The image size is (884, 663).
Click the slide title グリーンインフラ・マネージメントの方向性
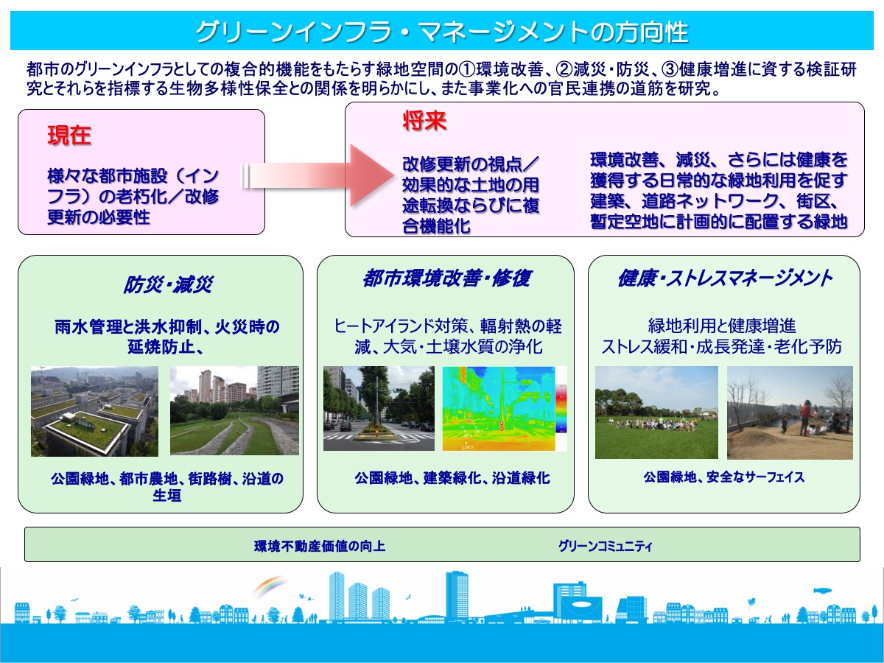pos(441,32)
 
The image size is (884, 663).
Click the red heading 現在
pos(69,136)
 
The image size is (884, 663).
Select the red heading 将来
pos(424,122)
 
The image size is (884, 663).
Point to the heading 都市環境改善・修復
pos(446,278)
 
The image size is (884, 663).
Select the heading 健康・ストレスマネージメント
pos(724,278)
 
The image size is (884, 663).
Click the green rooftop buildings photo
pos(94,411)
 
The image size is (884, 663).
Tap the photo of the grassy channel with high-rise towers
pos(234,411)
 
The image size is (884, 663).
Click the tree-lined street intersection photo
pos(379,408)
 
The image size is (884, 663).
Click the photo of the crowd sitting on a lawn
pos(656,413)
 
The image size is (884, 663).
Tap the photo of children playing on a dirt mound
pos(790,413)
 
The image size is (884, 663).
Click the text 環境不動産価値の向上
pos(320,547)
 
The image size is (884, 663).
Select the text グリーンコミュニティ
pos(605,547)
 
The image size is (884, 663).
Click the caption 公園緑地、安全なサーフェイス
pos(723,477)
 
